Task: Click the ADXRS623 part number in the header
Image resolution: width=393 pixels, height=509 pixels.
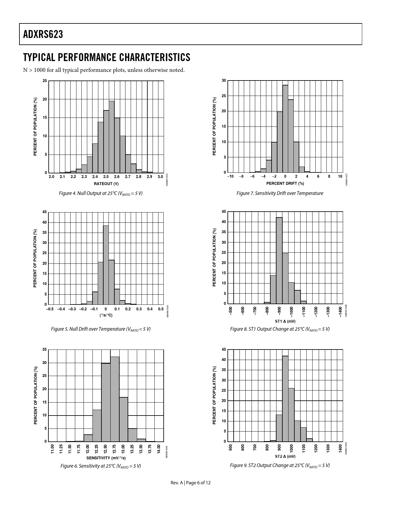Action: point(43,35)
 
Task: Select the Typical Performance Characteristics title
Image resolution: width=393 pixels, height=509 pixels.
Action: point(107,57)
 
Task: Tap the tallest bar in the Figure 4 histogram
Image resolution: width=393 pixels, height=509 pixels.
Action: point(112,137)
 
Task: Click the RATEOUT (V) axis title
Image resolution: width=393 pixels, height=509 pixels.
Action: point(106,184)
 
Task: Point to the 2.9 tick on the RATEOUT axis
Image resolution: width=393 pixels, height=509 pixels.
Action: point(149,177)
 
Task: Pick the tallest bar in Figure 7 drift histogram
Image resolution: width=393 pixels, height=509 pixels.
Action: point(285,129)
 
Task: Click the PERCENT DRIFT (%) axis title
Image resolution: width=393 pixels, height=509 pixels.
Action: point(285,184)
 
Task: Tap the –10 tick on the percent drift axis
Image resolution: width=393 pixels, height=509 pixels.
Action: point(230,176)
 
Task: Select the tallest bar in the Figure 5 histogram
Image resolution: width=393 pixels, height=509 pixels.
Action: point(106,265)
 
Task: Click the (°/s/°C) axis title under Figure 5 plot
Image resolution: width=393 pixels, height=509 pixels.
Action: point(106,315)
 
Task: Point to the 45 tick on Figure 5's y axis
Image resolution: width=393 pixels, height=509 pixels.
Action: point(45,212)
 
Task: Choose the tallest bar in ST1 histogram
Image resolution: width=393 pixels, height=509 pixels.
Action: point(279,261)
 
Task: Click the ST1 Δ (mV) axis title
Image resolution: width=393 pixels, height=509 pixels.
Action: point(285,321)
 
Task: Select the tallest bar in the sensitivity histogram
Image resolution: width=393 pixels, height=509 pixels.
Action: point(115,399)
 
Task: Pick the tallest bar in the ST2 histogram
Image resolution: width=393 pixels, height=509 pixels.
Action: point(285,399)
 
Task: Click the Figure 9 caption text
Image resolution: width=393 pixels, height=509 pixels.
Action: point(280,466)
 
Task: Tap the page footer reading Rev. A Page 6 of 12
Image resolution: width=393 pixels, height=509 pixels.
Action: point(191,483)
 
